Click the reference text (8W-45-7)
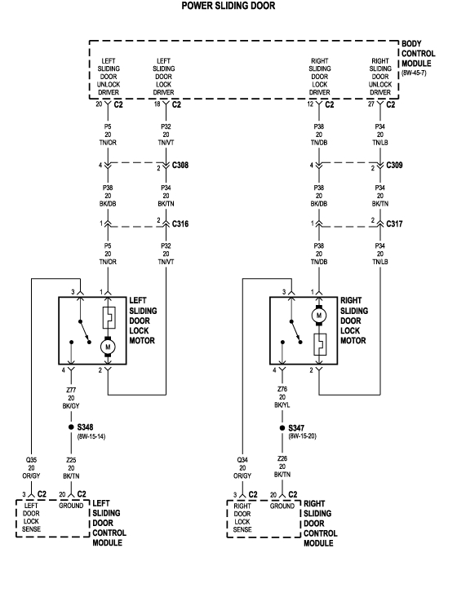point(415,73)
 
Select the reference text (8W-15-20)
point(303,436)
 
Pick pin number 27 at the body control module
point(372,104)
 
